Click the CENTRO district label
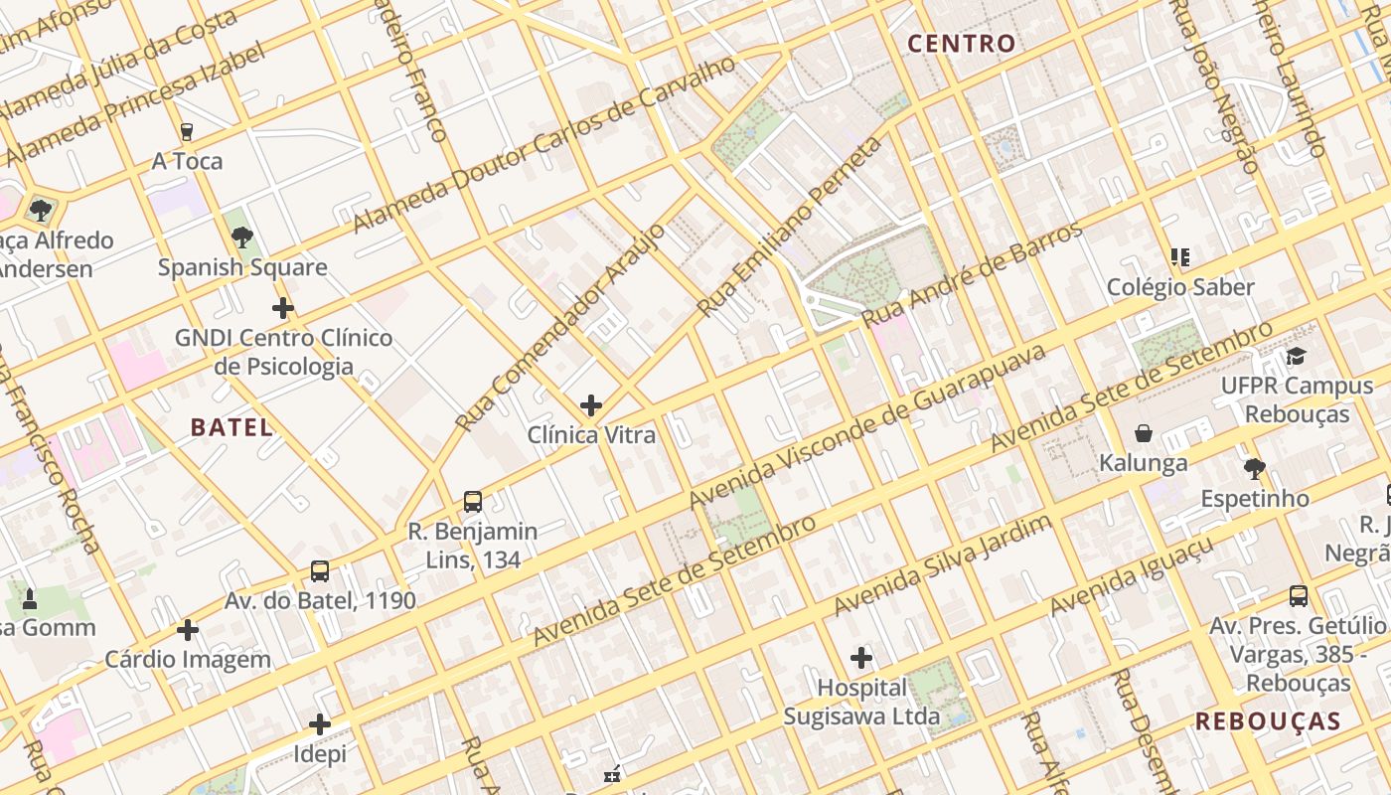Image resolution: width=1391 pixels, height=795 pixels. pyautogui.click(x=962, y=44)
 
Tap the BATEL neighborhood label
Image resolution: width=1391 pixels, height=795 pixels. pyautogui.click(x=232, y=428)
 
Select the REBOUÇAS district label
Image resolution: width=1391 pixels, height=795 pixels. pyautogui.click(x=1268, y=721)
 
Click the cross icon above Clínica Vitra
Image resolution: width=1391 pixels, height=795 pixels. pyautogui.click(x=591, y=405)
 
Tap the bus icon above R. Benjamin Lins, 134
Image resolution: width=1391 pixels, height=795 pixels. pyautogui.click(x=473, y=502)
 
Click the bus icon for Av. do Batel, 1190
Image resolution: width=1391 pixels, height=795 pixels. pyautogui.click(x=320, y=571)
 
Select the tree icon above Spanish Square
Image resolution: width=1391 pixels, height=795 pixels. pyautogui.click(x=241, y=238)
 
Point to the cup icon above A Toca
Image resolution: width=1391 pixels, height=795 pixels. pyautogui.click(x=186, y=131)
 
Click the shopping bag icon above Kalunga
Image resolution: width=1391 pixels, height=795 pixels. pyautogui.click(x=1144, y=433)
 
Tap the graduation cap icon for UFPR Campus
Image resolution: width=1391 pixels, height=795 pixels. pyautogui.click(x=1296, y=356)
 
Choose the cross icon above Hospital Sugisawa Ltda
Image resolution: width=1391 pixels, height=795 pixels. pyautogui.click(x=861, y=657)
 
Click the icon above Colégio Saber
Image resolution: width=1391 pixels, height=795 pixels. pyautogui.click(x=1180, y=257)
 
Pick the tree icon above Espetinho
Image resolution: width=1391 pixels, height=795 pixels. pyautogui.click(x=1254, y=468)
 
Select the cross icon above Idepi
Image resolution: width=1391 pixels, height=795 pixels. pyautogui.click(x=320, y=724)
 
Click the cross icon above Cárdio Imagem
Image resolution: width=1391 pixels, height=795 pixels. pyautogui.click(x=188, y=630)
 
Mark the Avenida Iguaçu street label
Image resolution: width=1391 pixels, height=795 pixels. pyautogui.click(x=1132, y=576)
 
